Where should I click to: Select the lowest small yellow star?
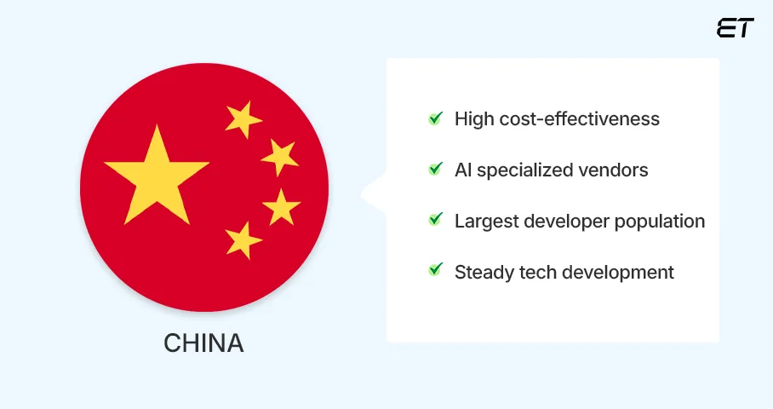pos(243,240)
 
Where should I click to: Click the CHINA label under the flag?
pos(203,343)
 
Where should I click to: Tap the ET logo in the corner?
pos(736,27)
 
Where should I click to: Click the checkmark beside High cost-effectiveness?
pos(436,118)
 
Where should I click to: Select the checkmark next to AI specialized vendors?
pos(436,170)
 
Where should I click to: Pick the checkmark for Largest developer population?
pos(436,221)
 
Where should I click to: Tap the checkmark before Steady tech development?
pos(436,272)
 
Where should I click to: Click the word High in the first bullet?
pos(472,118)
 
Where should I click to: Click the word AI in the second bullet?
pos(463,170)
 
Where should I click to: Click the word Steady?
pos(483,272)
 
